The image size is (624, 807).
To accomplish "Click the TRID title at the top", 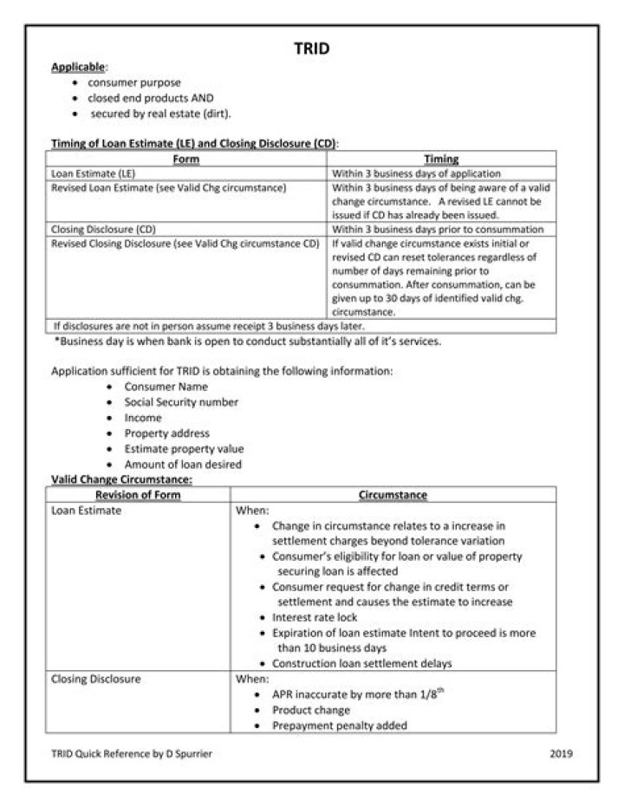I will pyautogui.click(x=311, y=49).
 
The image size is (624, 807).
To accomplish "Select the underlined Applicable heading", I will pyautogui.click(x=78, y=67).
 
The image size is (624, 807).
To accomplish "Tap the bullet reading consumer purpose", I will pyautogui.click(x=147, y=82).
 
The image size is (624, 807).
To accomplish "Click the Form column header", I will pyautogui.click(x=185, y=159).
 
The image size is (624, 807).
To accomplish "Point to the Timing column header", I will pyautogui.click(x=441, y=159).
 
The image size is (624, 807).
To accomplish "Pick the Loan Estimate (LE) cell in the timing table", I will pyautogui.click(x=88, y=173).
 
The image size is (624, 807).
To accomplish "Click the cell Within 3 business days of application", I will pyautogui.click(x=416, y=173).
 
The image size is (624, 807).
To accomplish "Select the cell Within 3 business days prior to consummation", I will pyautogui.click(x=438, y=230).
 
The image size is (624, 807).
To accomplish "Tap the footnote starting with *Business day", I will pyautogui.click(x=247, y=341).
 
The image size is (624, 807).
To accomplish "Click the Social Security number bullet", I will pyautogui.click(x=181, y=402).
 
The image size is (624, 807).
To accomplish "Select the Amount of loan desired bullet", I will pyautogui.click(x=183, y=465).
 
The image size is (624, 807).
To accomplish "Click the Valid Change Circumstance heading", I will pyautogui.click(x=121, y=478).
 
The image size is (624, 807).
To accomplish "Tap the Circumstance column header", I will pyautogui.click(x=393, y=495).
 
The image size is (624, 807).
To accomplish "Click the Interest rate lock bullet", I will pyautogui.click(x=315, y=617).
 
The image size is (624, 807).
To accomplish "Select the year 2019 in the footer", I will pyautogui.click(x=561, y=753).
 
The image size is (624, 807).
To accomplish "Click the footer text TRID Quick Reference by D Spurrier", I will pyautogui.click(x=131, y=753).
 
